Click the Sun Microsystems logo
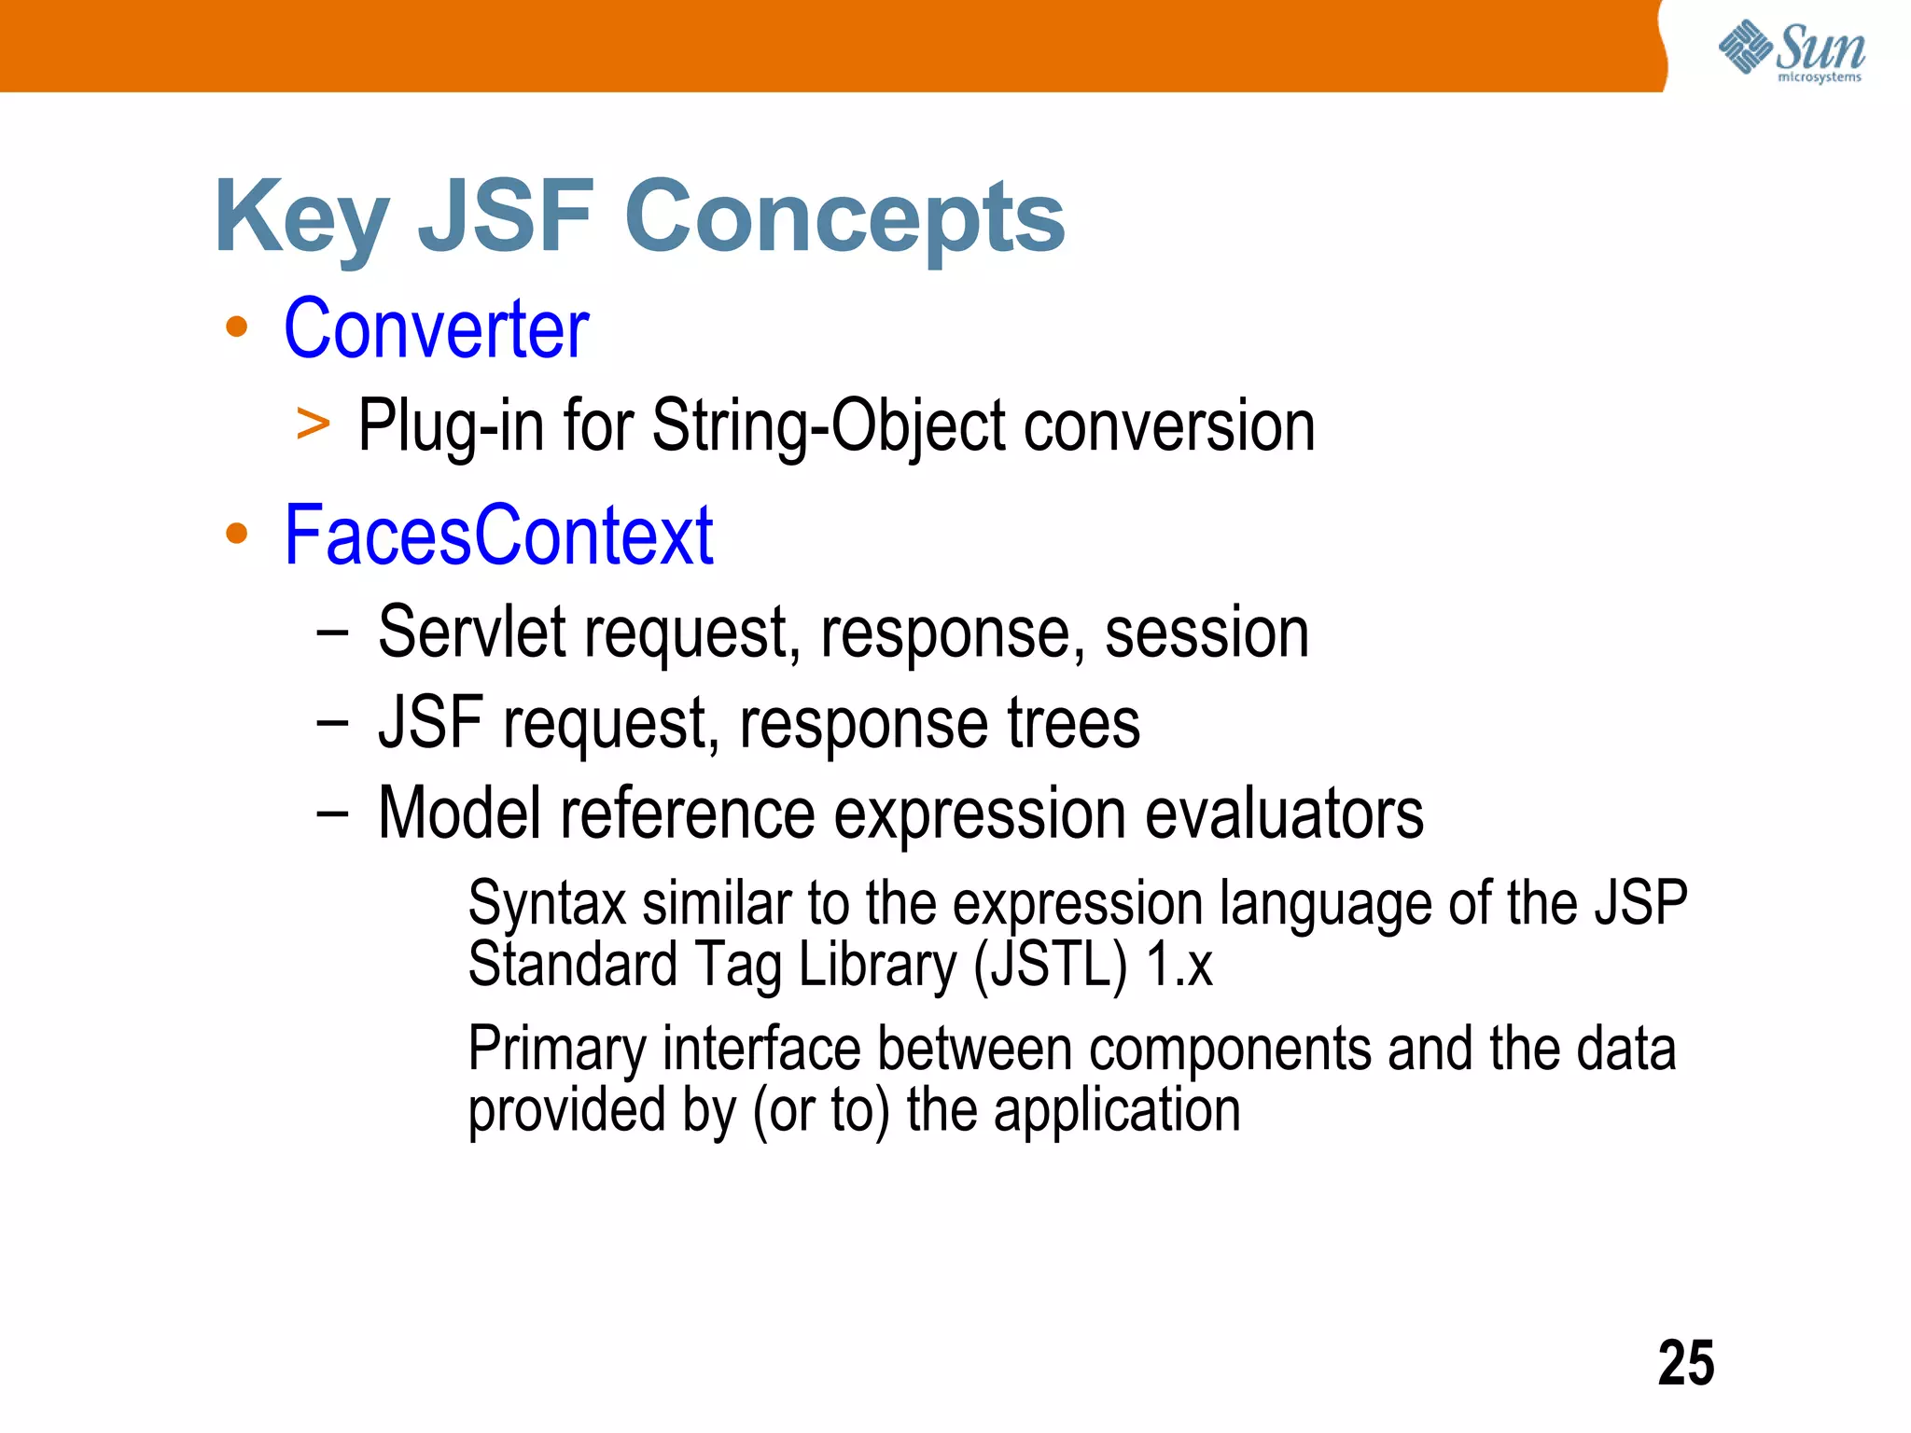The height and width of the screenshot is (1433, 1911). pyautogui.click(x=1791, y=50)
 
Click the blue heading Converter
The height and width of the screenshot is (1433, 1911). pyautogui.click(x=436, y=328)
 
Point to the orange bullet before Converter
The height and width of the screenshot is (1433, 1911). pyautogui.click(x=237, y=327)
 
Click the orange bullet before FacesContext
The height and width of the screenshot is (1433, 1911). pyautogui.click(x=237, y=534)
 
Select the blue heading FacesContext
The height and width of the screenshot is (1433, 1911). pyautogui.click(x=498, y=536)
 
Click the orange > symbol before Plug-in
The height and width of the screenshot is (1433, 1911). pyautogui.click(x=313, y=424)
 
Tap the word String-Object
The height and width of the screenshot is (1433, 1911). pyautogui.click(x=828, y=426)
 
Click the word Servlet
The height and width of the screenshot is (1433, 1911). pyautogui.click(x=471, y=633)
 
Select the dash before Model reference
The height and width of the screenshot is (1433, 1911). pyautogui.click(x=332, y=814)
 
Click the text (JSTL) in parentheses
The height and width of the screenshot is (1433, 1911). pyautogui.click(x=1050, y=965)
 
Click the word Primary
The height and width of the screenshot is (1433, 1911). pyautogui.click(x=556, y=1050)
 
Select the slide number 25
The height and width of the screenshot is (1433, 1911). pyautogui.click(x=1685, y=1363)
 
